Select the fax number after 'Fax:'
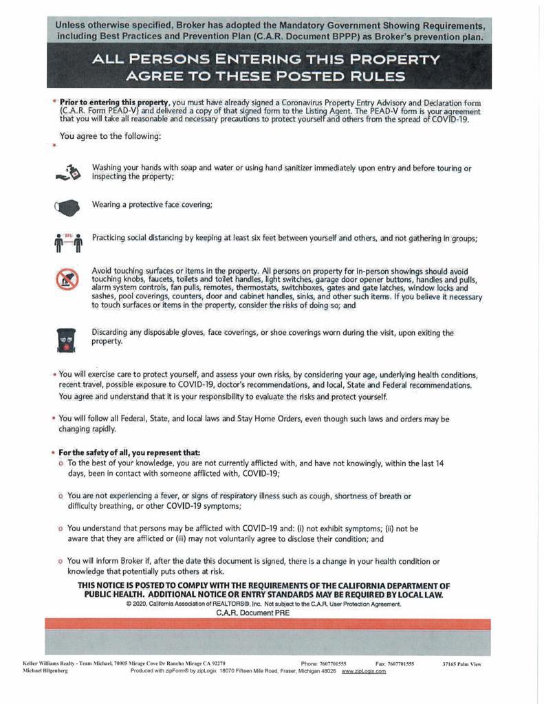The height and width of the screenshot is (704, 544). coord(402,664)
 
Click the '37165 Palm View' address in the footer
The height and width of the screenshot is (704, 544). coord(461,664)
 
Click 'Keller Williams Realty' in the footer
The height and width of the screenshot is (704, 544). coord(50,664)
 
